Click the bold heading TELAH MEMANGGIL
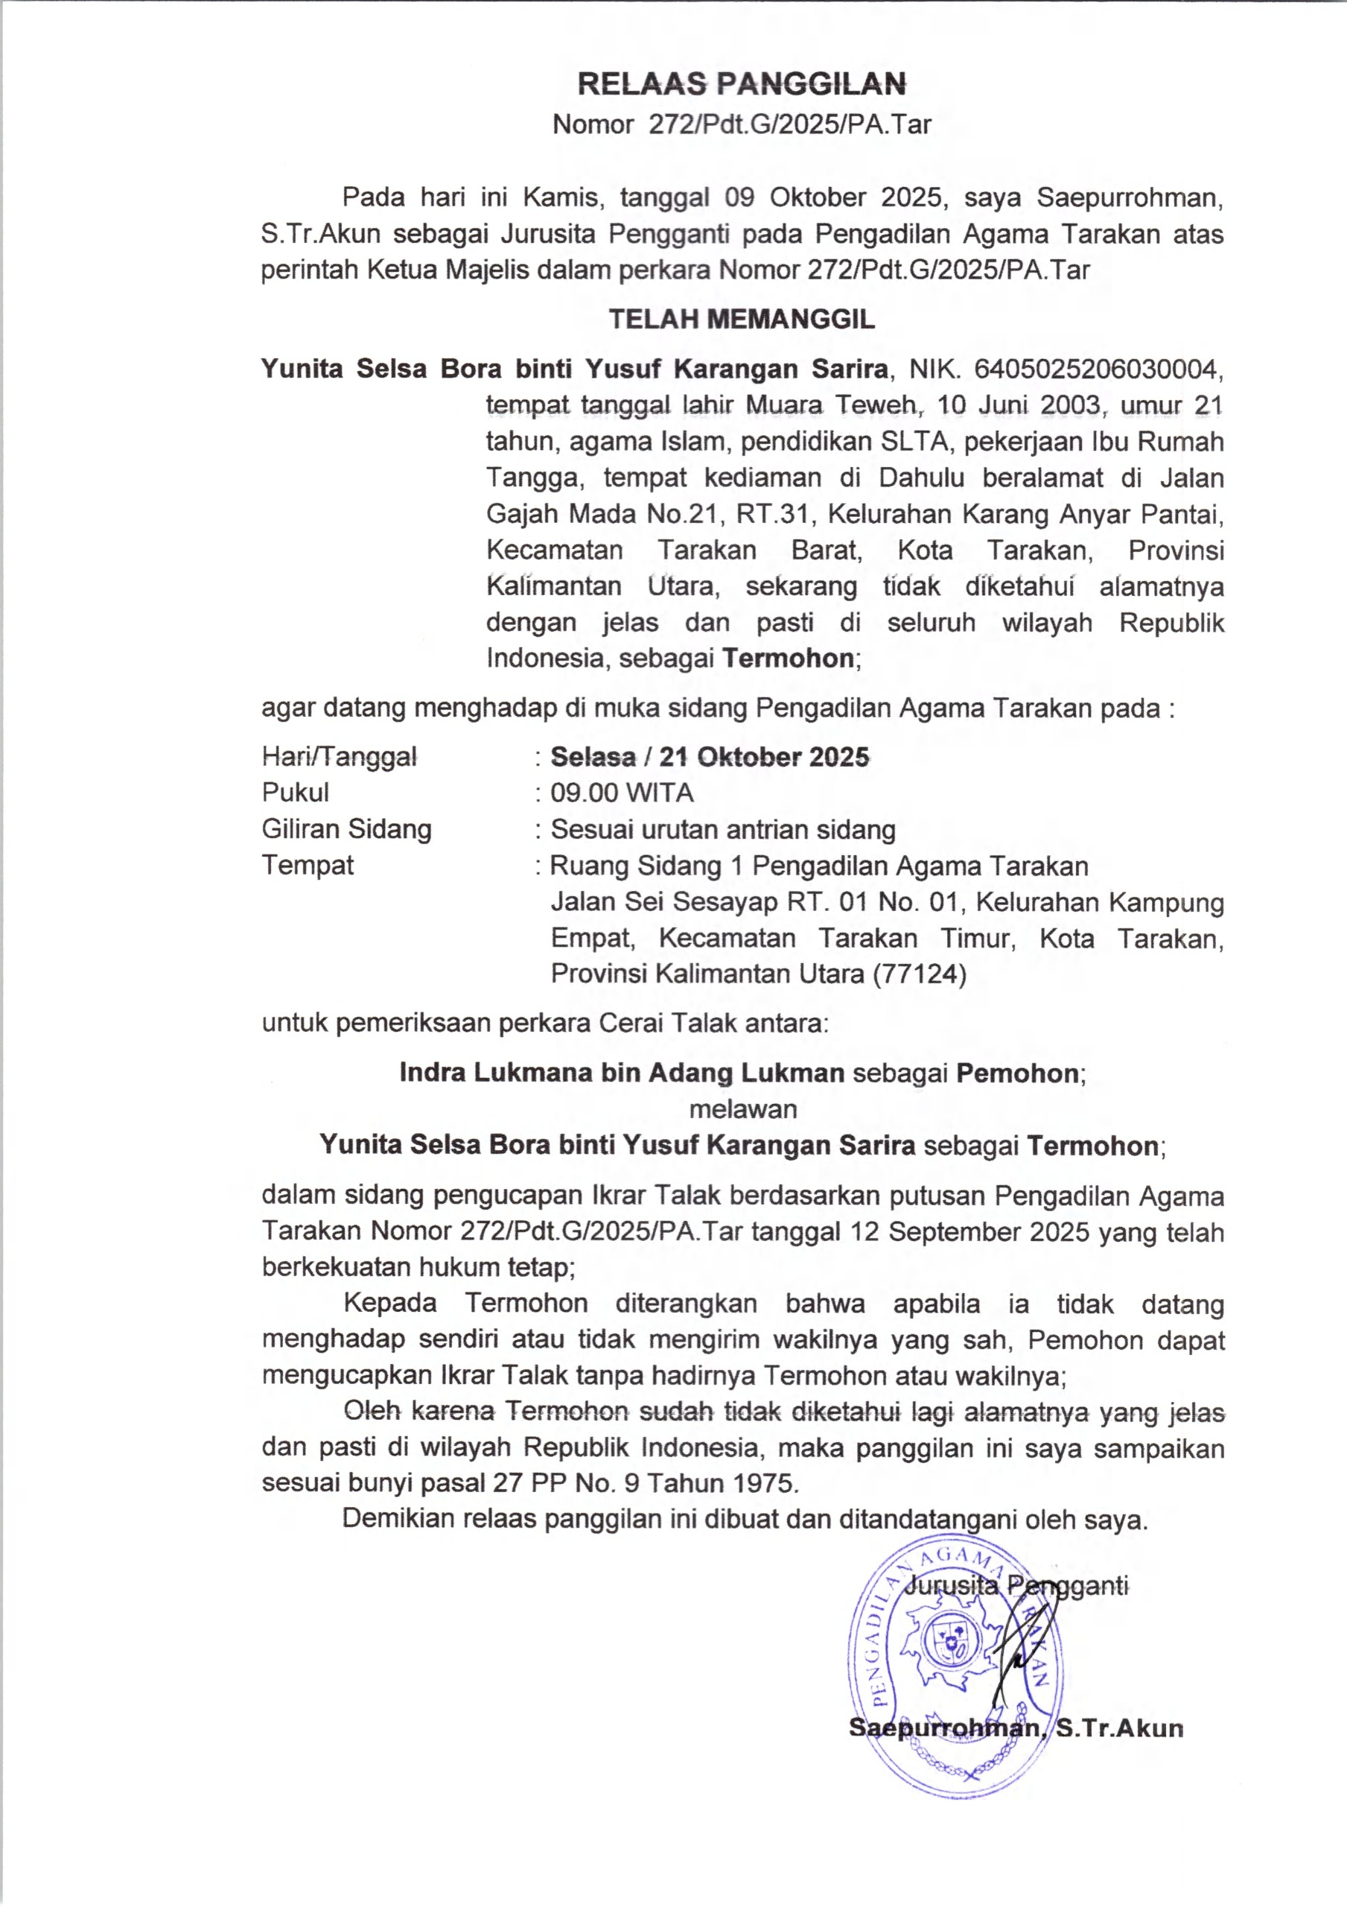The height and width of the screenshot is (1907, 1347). [742, 320]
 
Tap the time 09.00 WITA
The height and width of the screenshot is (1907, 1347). [622, 793]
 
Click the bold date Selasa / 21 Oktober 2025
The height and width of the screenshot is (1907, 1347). [710, 757]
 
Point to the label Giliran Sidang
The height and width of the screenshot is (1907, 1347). [346, 829]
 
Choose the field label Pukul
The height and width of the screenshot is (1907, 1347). [295, 793]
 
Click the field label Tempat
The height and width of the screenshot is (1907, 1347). [308, 866]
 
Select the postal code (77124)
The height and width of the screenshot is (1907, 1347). [920, 974]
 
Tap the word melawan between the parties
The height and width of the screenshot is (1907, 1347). [742, 1109]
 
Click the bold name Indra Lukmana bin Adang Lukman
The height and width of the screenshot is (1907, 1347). [621, 1073]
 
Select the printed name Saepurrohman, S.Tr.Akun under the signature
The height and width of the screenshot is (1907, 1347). [1016, 1728]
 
